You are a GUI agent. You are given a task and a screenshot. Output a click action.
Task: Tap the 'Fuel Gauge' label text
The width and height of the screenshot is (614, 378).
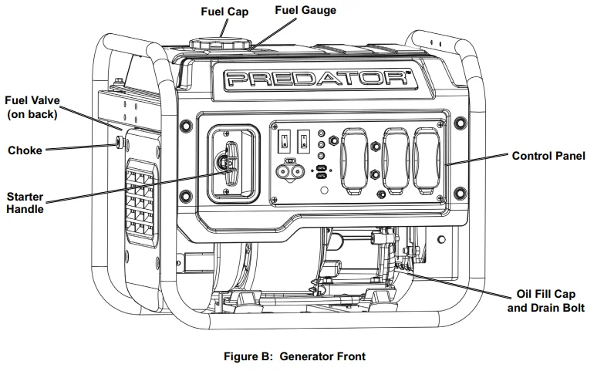point(305,11)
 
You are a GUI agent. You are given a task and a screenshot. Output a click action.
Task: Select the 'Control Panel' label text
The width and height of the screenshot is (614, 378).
point(548,156)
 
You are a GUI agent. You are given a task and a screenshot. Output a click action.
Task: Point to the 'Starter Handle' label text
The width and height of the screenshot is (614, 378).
point(25,202)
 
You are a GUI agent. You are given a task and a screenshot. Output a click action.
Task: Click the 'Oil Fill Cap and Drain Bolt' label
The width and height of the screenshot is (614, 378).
point(545,302)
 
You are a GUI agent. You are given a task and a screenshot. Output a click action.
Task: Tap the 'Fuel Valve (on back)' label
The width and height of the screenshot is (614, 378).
point(32,108)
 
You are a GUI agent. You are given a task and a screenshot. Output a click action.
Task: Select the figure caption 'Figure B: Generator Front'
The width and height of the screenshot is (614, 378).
point(294,356)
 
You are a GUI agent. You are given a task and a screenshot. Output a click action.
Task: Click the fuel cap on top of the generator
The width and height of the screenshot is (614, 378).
point(211,42)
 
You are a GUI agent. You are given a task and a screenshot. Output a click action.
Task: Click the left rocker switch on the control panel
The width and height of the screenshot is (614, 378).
point(284,141)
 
